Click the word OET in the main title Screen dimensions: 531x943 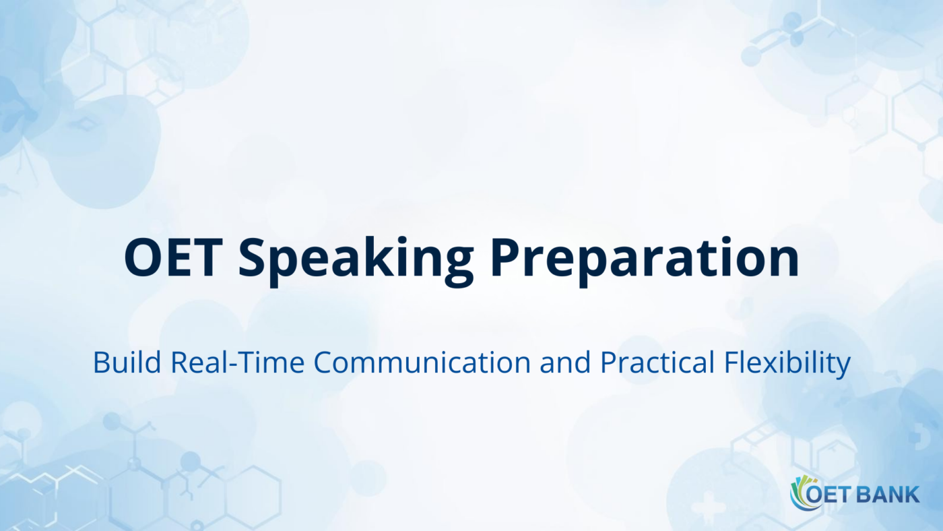click(x=173, y=258)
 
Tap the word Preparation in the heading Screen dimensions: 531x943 click(x=645, y=259)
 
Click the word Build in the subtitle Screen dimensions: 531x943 click(x=127, y=363)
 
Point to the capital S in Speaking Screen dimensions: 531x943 click(x=252, y=258)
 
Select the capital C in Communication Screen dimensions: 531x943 click(x=324, y=363)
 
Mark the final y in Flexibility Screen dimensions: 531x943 click(x=844, y=366)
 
